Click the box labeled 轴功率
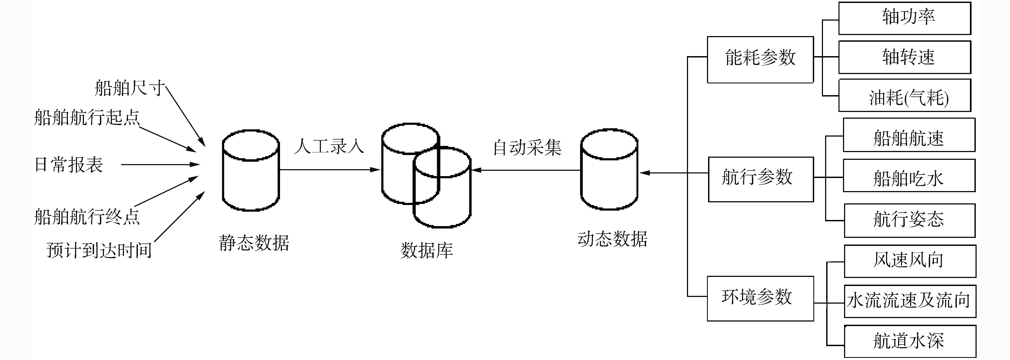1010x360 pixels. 904,18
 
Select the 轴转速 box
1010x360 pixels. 904,57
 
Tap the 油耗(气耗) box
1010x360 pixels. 904,96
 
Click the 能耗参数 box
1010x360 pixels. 760,60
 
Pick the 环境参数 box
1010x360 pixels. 760,299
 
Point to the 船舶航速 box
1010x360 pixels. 908,135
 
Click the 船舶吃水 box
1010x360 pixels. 908,176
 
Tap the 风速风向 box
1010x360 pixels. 909,261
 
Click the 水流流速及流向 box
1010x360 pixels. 909,301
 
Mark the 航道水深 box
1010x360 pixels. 909,341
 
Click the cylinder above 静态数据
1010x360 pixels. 251,171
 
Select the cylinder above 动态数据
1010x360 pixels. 609,171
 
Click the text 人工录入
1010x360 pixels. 329,146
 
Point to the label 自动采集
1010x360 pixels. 527,148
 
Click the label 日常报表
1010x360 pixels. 69,165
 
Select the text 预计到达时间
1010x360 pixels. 99,250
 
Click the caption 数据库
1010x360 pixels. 427,250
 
